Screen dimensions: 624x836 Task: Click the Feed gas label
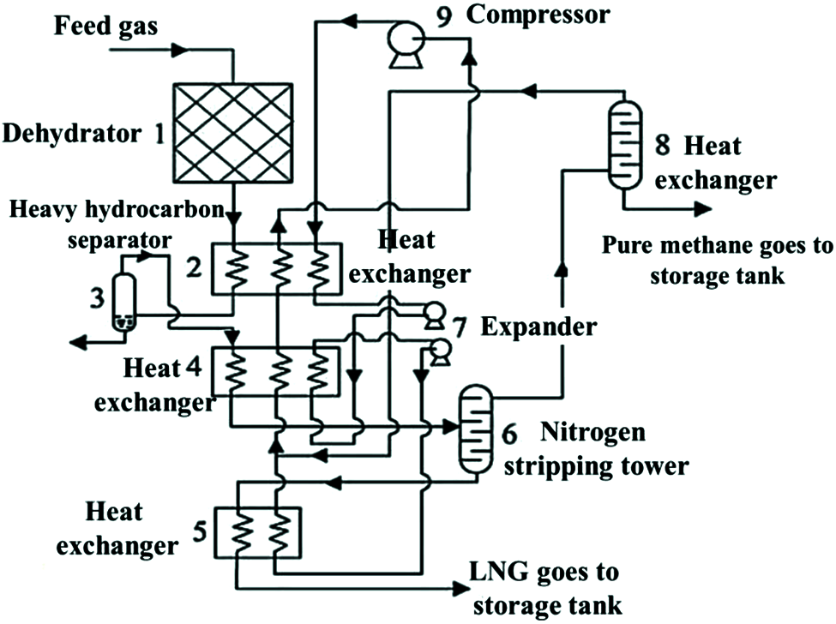pyautogui.click(x=106, y=26)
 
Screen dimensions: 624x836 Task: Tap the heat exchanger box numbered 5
pyautogui.click(x=258, y=531)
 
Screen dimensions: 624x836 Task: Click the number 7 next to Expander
pyautogui.click(x=460, y=327)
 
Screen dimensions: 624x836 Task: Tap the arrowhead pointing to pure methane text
pyautogui.click(x=701, y=208)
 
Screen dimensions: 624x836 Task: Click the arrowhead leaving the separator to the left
pyautogui.click(x=79, y=343)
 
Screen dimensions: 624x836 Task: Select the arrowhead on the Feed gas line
pyautogui.click(x=179, y=51)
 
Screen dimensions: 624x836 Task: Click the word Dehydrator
pyautogui.click(x=72, y=134)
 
